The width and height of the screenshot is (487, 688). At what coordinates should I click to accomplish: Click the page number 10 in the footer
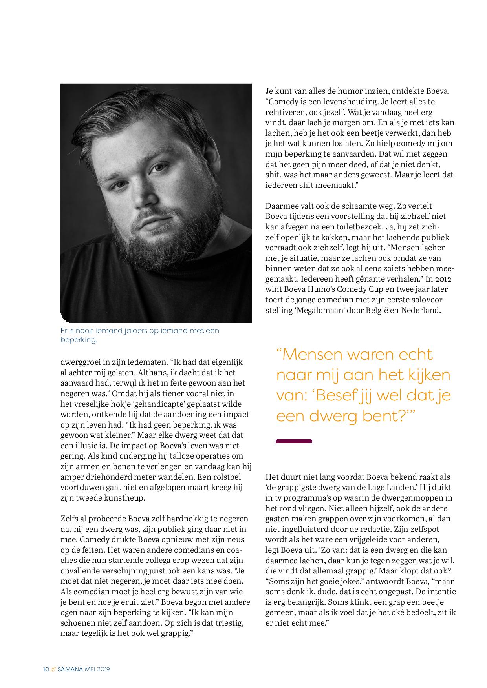click(46, 669)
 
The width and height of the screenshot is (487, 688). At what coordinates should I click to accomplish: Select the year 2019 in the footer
click(103, 669)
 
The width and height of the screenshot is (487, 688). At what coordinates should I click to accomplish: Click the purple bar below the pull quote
click(294, 441)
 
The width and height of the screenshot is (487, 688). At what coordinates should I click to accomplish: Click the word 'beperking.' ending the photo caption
click(79, 340)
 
